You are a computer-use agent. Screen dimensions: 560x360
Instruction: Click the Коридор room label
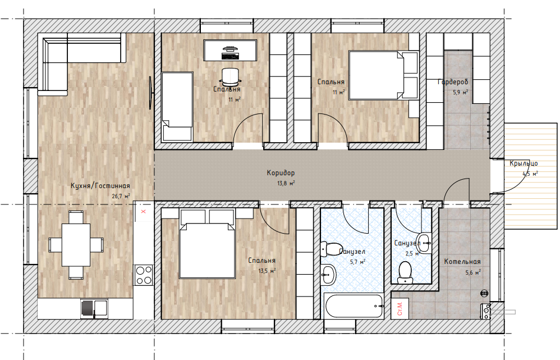(281, 173)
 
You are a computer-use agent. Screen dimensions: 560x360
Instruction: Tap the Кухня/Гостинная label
(100, 186)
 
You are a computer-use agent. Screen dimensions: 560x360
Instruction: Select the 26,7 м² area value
(121, 196)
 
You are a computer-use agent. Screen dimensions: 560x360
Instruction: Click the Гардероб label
(453, 82)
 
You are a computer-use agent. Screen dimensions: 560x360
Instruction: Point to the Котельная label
(462, 262)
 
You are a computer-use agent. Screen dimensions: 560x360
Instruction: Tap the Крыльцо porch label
(524, 164)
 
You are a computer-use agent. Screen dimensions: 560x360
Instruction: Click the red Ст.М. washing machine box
(400, 308)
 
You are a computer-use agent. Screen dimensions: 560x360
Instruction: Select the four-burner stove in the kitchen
(144, 275)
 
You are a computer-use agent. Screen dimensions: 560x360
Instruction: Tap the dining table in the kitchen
(76, 244)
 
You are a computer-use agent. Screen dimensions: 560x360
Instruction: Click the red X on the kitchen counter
(144, 211)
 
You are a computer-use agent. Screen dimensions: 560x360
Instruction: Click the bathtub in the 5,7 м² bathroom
(354, 306)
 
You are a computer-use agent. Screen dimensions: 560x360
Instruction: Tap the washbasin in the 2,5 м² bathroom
(424, 243)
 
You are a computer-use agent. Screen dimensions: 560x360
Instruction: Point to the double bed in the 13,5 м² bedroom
(207, 247)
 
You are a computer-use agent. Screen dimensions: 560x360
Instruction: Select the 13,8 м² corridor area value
(286, 184)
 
